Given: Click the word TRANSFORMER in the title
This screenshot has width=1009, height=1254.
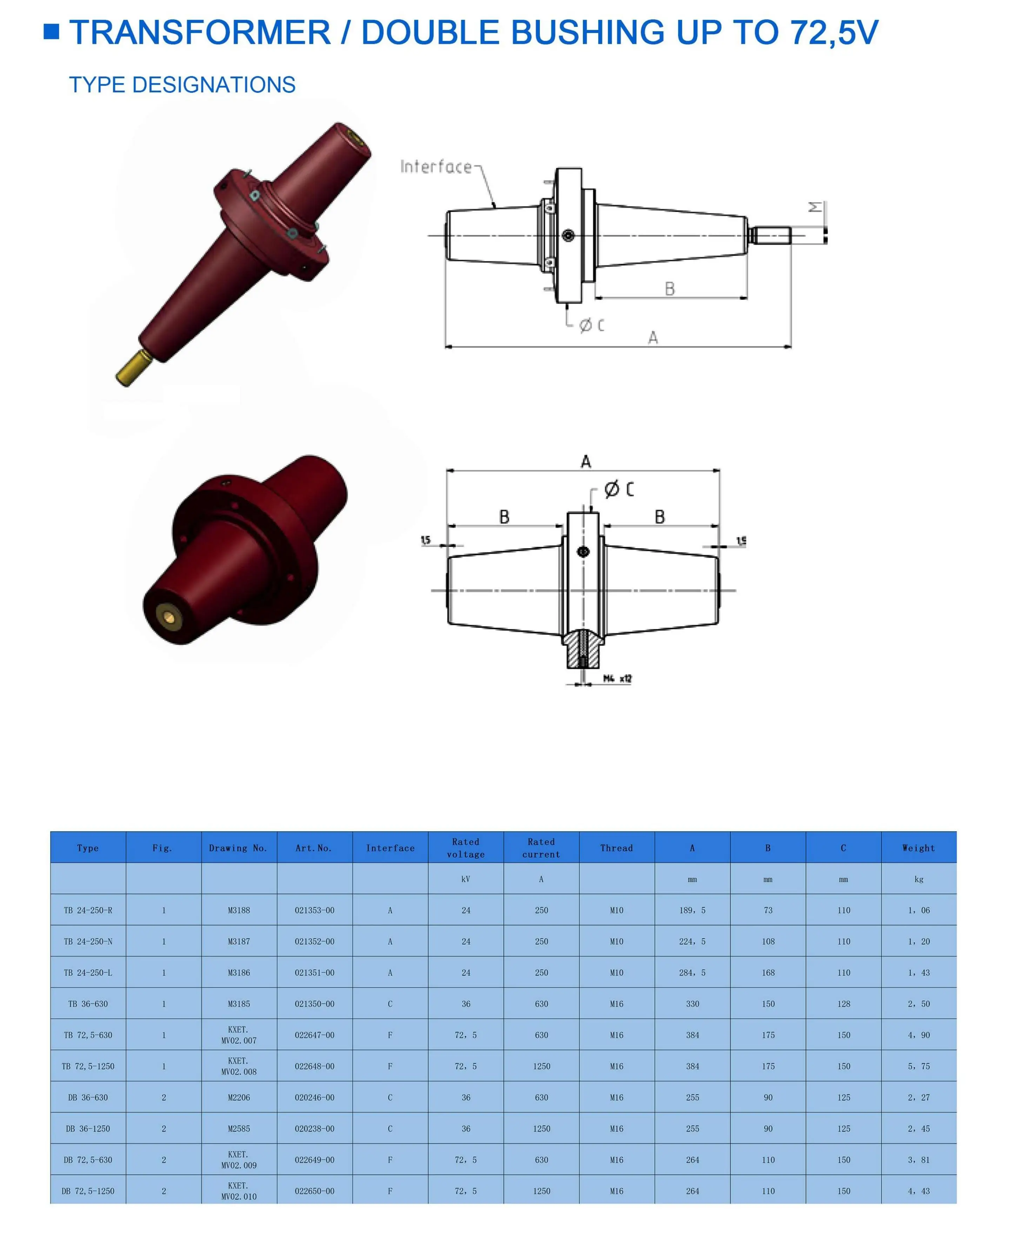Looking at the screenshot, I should [199, 33].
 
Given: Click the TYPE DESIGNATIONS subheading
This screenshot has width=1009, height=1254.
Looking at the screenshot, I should [182, 85].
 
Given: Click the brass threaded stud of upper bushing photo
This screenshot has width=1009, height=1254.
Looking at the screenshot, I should [133, 368].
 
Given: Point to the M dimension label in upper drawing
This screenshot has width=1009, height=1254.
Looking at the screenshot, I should [815, 207].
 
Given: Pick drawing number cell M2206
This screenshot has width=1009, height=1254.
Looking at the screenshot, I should [239, 1097].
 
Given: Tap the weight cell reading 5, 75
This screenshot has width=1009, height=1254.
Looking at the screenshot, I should [918, 1066].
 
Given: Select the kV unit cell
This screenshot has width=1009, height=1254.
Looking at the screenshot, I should [466, 879].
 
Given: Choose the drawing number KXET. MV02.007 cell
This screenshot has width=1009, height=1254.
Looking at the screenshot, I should [239, 1035].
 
